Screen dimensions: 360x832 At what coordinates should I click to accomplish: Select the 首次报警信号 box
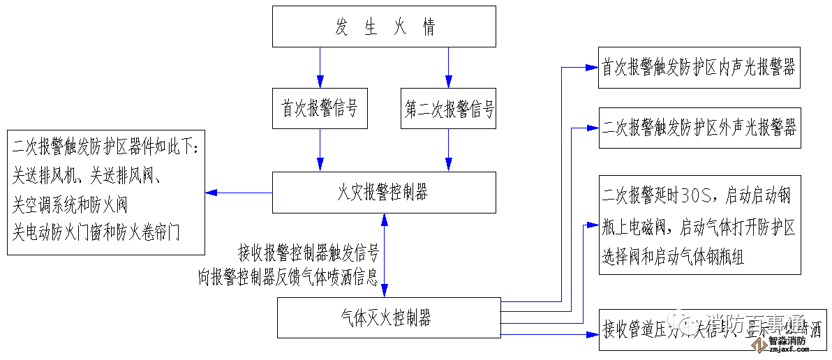(x=320, y=109)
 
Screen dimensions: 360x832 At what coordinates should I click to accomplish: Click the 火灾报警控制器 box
(x=384, y=193)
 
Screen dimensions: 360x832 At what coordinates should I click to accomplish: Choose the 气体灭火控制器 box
(x=389, y=318)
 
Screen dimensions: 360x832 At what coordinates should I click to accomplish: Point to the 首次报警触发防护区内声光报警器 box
(x=699, y=68)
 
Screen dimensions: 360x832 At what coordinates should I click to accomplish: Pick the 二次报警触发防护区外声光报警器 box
(x=699, y=128)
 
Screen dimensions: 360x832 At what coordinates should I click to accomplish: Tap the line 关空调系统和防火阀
(x=70, y=205)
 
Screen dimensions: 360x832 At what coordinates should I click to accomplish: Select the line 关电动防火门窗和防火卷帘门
(x=96, y=232)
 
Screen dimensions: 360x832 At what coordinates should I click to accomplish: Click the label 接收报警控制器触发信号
(x=308, y=252)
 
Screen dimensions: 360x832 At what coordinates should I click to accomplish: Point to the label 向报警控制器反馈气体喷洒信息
(x=288, y=278)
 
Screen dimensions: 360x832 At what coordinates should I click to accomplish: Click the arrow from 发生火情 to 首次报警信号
(x=320, y=67)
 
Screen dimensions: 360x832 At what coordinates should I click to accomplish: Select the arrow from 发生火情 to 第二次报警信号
(x=448, y=67)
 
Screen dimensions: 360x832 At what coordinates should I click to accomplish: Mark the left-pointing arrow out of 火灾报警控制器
(x=238, y=193)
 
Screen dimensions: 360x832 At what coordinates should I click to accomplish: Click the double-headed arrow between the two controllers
(x=383, y=255)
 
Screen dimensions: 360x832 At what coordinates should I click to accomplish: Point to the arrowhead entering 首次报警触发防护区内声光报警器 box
(x=593, y=68)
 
